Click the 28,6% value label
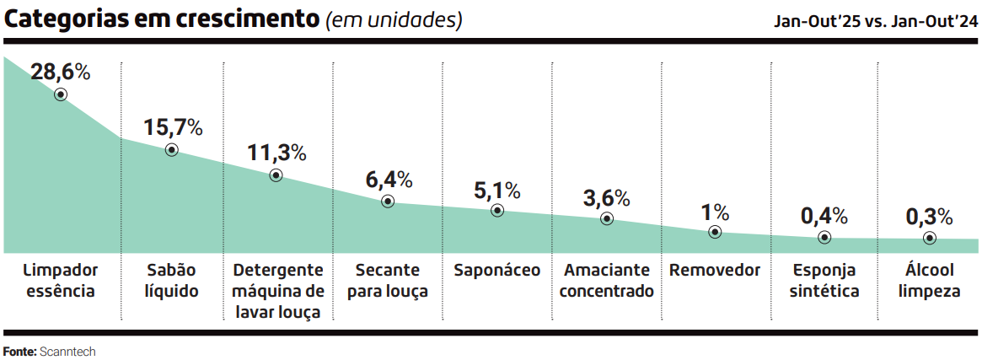click(x=60, y=73)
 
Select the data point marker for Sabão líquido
click(x=172, y=149)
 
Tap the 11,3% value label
click(x=276, y=153)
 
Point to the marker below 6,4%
click(x=388, y=201)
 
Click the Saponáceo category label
click(x=496, y=271)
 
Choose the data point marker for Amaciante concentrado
click(x=607, y=218)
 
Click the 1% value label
click(x=715, y=212)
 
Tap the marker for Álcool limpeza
click(x=929, y=238)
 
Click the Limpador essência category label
click(x=61, y=281)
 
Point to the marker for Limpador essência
click(x=61, y=94)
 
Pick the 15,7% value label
click(x=173, y=128)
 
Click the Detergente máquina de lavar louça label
click(x=278, y=291)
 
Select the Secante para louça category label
click(x=387, y=281)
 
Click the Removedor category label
click(x=715, y=271)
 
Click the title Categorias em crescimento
click(x=163, y=19)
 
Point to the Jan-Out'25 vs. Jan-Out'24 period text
click(x=876, y=22)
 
